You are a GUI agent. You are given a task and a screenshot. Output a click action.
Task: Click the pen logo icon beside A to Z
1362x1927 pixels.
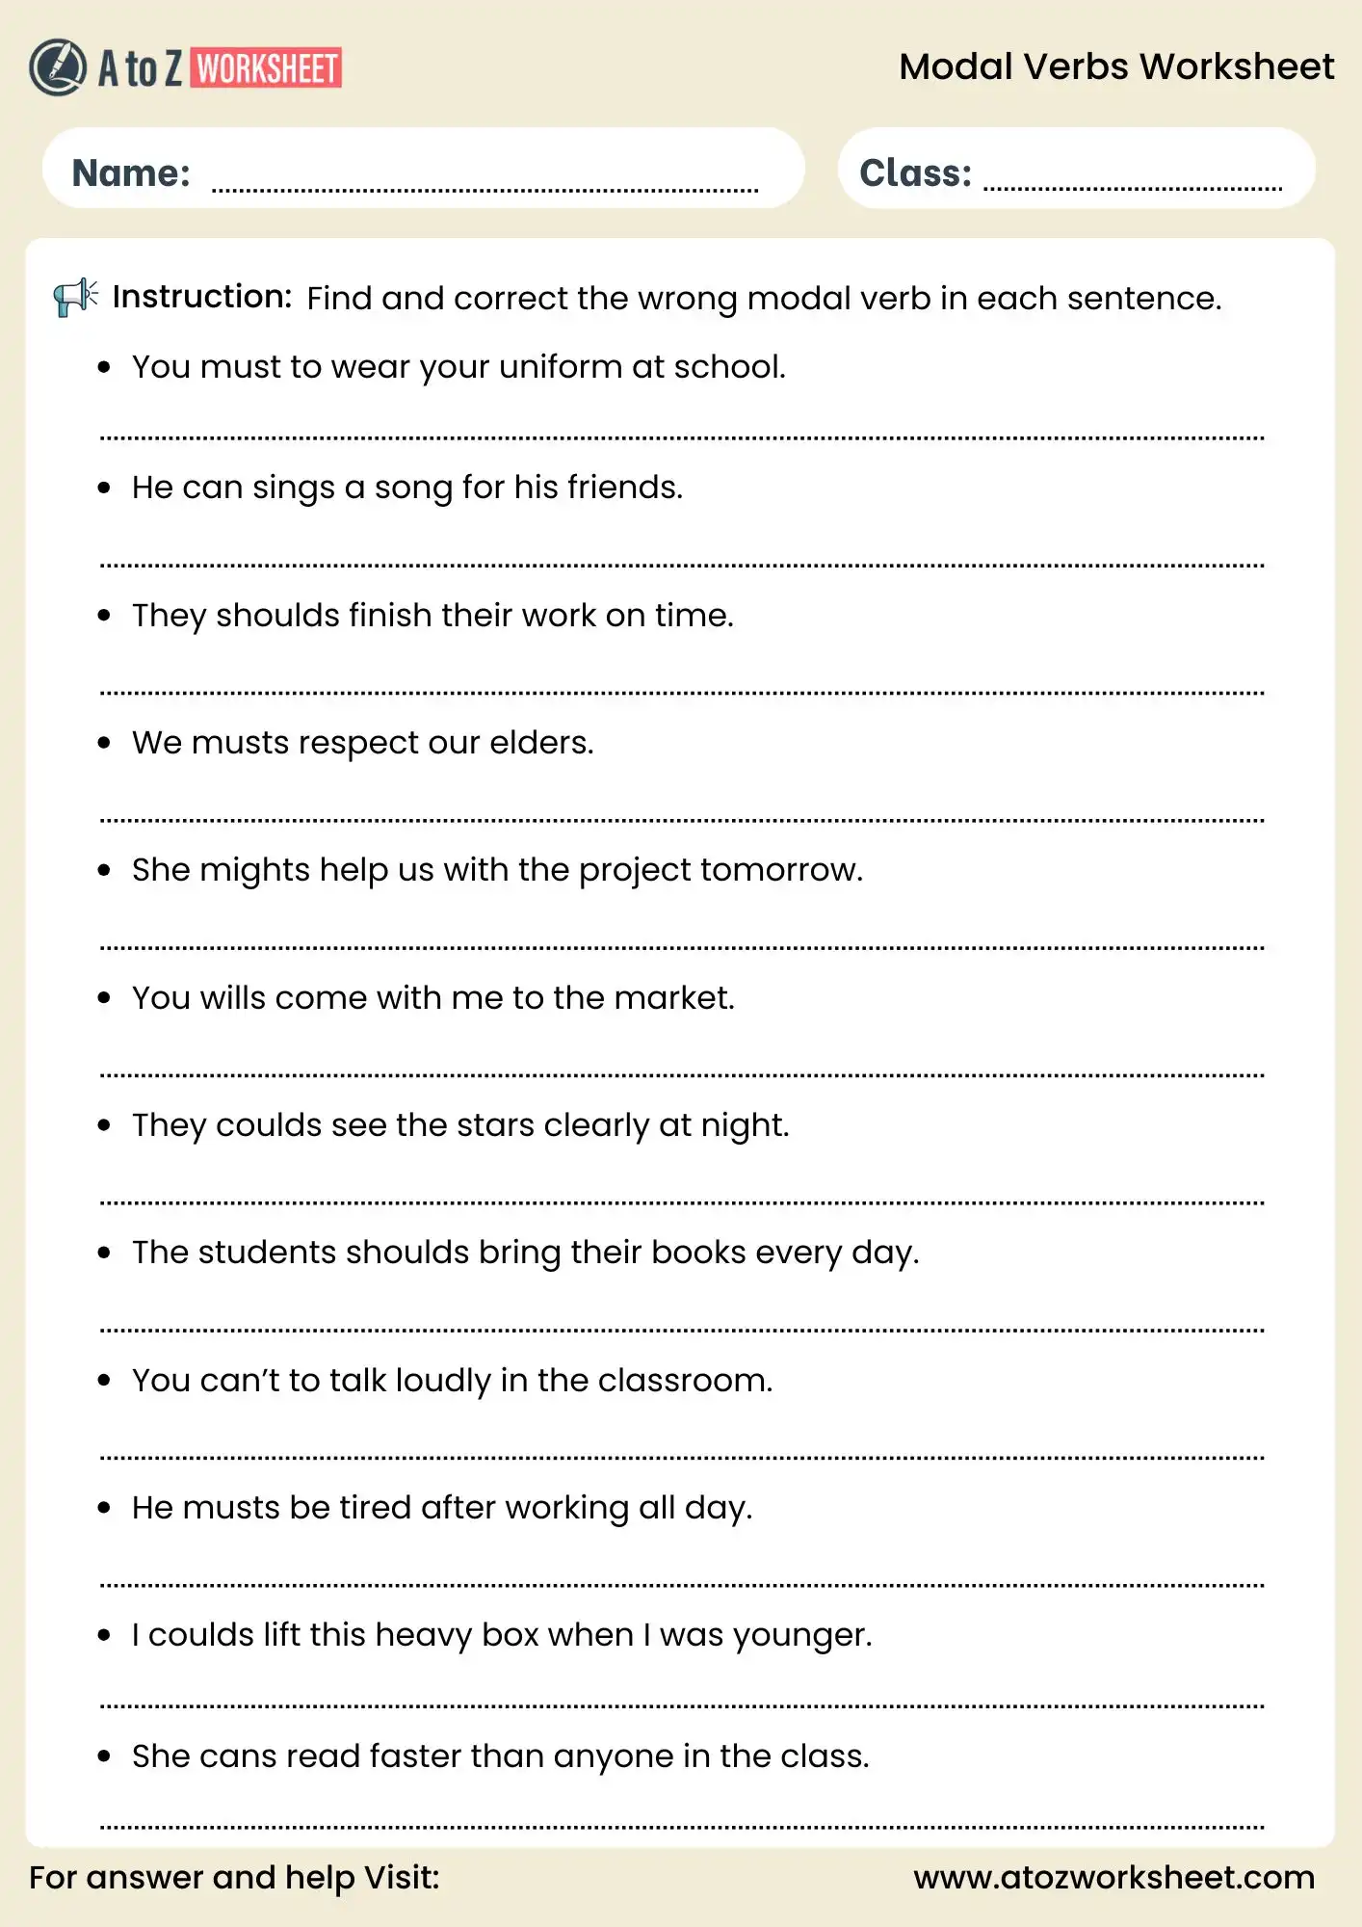[x=58, y=67]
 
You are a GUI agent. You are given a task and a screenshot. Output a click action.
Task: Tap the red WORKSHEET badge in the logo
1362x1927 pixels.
[x=266, y=68]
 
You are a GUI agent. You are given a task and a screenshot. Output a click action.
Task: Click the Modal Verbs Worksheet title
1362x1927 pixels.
[x=1115, y=66]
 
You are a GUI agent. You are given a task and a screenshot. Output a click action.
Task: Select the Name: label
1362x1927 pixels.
[x=131, y=173]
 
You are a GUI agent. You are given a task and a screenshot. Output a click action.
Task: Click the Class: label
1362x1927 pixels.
[x=915, y=173]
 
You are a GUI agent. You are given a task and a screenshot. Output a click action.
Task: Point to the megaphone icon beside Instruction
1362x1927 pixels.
[x=75, y=297]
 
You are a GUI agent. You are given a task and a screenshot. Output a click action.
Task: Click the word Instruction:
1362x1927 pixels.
[x=202, y=297]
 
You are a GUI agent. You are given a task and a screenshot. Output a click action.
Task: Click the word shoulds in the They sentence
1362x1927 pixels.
[x=277, y=616]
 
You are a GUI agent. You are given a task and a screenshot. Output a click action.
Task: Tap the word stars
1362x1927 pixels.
[x=495, y=1125]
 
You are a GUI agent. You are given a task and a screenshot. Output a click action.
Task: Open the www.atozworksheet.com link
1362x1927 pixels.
[x=1113, y=1877]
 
